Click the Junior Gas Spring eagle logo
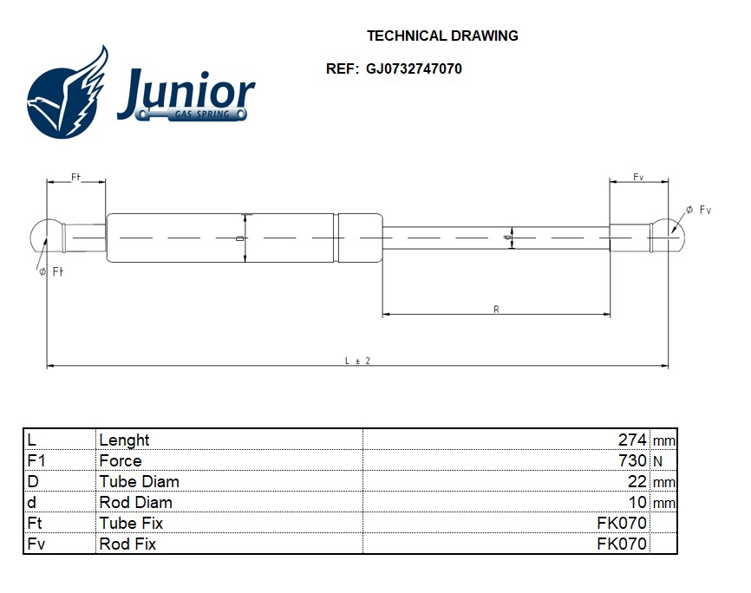tap(68, 94)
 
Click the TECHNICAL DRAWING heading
tap(442, 36)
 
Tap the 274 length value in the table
tap(632, 440)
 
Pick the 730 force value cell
tap(632, 461)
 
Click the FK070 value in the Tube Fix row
tap(622, 524)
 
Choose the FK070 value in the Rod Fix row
tap(622, 544)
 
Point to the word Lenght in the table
tap(124, 440)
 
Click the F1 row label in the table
tap(36, 461)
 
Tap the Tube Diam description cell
tap(139, 482)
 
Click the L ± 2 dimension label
tap(357, 361)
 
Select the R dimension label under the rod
tap(496, 309)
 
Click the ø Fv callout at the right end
tap(698, 210)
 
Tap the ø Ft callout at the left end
tap(52, 272)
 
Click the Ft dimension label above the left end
tap(75, 177)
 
